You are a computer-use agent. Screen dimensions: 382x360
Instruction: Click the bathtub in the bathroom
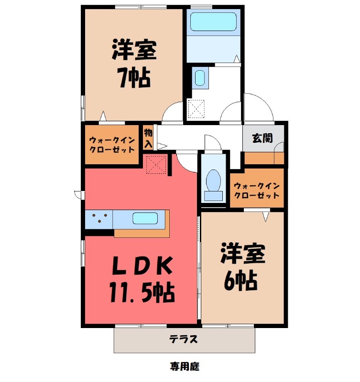point(213,22)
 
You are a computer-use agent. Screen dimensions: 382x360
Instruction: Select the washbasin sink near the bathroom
point(200,78)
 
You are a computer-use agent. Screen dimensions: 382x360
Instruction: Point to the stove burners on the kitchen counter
point(99,219)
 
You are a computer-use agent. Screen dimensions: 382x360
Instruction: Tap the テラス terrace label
point(183,340)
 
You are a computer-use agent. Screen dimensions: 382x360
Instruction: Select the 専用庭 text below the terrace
point(184,367)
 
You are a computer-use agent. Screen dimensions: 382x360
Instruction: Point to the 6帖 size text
point(241,281)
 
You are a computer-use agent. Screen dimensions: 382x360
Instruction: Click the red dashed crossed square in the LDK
point(156,165)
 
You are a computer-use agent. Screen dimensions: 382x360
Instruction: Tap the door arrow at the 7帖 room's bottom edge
point(102,116)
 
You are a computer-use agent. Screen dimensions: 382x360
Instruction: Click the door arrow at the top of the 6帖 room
point(266,216)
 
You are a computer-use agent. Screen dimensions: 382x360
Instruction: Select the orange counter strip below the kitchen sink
point(142,233)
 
